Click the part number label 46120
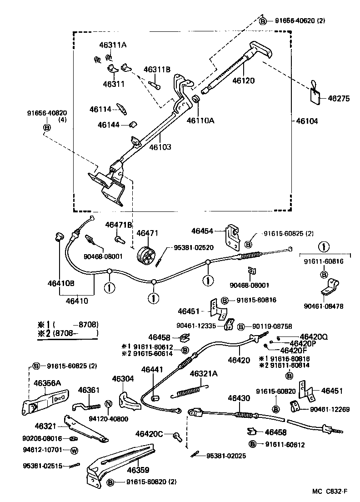click(243, 80)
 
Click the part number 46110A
click(200, 121)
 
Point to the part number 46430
click(239, 398)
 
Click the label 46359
click(138, 470)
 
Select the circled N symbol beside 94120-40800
click(108, 404)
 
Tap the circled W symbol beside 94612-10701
click(74, 451)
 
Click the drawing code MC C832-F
click(330, 491)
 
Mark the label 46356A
click(47, 383)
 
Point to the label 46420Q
click(314, 336)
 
